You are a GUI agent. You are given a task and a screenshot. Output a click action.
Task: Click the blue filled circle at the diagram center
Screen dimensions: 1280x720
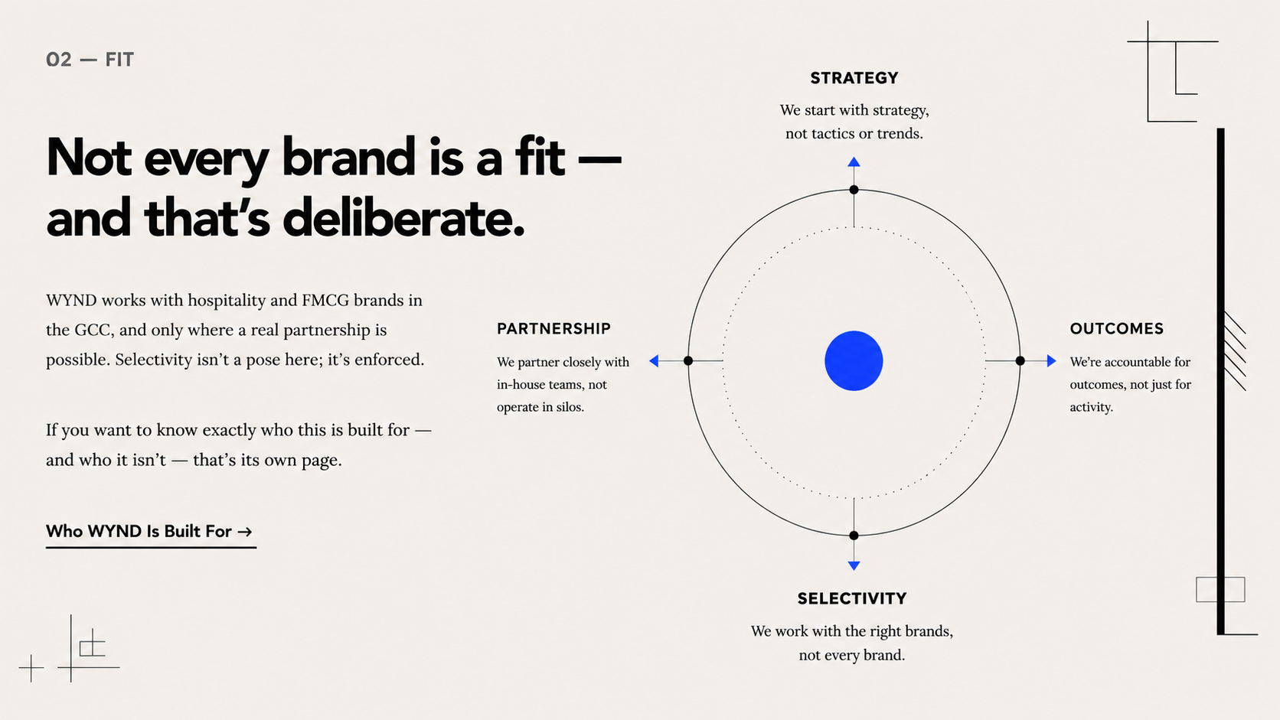coord(854,361)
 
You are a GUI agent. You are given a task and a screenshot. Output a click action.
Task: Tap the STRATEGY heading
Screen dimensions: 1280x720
coord(854,77)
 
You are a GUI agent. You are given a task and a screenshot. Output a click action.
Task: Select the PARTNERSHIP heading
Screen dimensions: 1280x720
coord(553,328)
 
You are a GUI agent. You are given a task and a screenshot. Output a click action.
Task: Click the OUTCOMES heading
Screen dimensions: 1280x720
coord(1117,328)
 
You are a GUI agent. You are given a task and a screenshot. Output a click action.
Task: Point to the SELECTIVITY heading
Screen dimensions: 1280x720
coord(852,598)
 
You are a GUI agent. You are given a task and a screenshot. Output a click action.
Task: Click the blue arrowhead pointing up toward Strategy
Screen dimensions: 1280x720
coord(854,162)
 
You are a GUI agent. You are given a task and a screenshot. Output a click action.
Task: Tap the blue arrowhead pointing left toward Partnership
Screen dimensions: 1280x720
coord(655,361)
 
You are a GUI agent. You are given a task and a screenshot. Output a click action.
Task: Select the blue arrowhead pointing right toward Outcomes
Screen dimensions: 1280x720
coord(1051,361)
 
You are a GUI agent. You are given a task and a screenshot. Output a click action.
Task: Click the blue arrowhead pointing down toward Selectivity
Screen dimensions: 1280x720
coord(854,565)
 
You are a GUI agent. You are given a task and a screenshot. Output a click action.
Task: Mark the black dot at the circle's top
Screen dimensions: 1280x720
coord(854,190)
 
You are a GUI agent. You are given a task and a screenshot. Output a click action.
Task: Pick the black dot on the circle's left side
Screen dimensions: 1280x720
coord(688,361)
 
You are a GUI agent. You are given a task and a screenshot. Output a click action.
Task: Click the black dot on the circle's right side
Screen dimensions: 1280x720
coord(1020,361)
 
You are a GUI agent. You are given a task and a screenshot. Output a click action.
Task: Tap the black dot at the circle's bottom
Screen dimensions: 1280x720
coord(854,536)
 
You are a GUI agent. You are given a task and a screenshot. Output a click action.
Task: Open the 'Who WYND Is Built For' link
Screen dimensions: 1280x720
coord(149,532)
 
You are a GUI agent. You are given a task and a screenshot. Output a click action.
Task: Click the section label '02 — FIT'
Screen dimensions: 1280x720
coord(90,60)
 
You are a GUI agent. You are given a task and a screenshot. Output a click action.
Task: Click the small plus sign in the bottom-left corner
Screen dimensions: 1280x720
coord(31,668)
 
